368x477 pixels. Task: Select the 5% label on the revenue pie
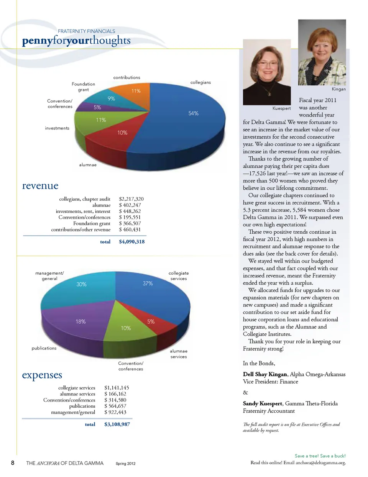coord(97,107)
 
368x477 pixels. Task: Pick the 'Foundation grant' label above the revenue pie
coord(83,87)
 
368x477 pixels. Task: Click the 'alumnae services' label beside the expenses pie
coord(179,354)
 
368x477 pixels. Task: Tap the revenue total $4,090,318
coord(131,242)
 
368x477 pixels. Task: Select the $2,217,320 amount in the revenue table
coord(131,199)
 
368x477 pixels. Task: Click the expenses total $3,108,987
coord(117,424)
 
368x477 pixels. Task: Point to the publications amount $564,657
coord(115,406)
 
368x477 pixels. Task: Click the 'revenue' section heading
coord(40,186)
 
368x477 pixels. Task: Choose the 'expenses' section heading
coord(42,375)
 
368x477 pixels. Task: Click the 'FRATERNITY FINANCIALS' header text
coord(86,31)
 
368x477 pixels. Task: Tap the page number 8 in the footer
coord(13,463)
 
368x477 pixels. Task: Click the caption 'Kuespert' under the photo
coord(281,108)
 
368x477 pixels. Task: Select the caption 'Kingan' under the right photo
coord(338,89)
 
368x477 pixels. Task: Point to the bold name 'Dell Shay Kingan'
coord(265,374)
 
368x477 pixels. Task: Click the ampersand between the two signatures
coord(245,393)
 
